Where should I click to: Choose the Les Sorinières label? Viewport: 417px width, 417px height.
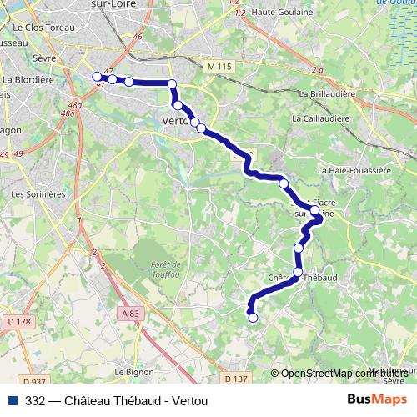coord(37,193)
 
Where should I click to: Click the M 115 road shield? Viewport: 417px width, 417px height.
coord(217,64)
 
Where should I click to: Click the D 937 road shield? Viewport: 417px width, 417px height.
coord(35,381)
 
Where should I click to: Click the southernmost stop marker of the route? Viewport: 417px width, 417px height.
coord(253,317)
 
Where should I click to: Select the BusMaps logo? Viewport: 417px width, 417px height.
coord(376,399)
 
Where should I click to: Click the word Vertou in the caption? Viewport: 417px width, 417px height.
coord(188,401)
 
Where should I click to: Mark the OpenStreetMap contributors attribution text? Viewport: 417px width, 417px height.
coord(344,374)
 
